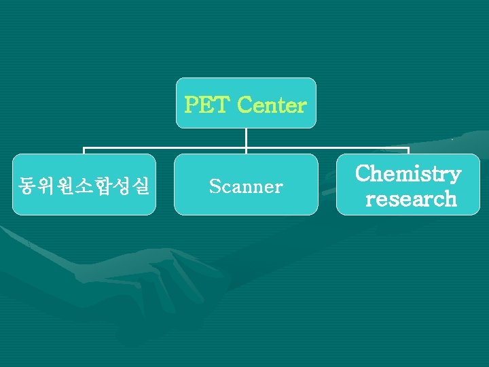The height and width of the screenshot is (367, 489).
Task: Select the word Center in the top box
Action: (x=272, y=106)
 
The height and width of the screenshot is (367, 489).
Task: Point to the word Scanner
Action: (x=246, y=186)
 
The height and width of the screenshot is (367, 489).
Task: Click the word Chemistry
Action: (x=408, y=174)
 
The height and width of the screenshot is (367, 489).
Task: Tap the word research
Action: (x=411, y=199)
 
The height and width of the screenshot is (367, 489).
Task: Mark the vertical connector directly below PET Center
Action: (x=246, y=138)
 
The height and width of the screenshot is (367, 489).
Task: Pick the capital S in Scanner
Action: (x=215, y=186)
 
